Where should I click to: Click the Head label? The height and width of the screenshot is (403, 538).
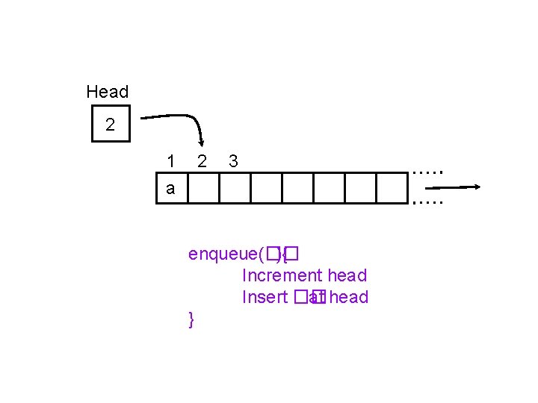click(107, 92)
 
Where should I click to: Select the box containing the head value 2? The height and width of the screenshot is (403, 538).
click(111, 125)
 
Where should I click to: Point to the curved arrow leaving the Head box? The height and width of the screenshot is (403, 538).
click(179, 120)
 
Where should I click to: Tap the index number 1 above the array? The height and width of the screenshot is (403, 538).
click(171, 161)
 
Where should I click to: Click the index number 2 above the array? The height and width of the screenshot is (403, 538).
click(202, 161)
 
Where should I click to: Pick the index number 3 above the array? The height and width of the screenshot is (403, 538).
click(233, 161)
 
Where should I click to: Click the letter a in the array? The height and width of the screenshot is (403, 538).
click(171, 189)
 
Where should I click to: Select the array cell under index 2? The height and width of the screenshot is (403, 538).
click(203, 189)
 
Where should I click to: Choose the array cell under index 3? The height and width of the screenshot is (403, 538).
click(234, 189)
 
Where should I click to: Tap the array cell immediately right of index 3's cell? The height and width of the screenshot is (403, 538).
click(265, 189)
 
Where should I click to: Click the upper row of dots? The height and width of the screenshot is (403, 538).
click(427, 172)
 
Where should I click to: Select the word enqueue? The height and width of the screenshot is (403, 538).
click(223, 254)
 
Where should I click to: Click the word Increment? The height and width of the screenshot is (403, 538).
click(282, 276)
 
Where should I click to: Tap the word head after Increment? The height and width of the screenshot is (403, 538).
click(347, 276)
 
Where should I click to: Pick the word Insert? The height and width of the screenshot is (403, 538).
click(265, 298)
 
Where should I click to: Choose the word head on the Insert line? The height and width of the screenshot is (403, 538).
click(348, 298)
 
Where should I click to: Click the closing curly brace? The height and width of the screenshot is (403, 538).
click(192, 319)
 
